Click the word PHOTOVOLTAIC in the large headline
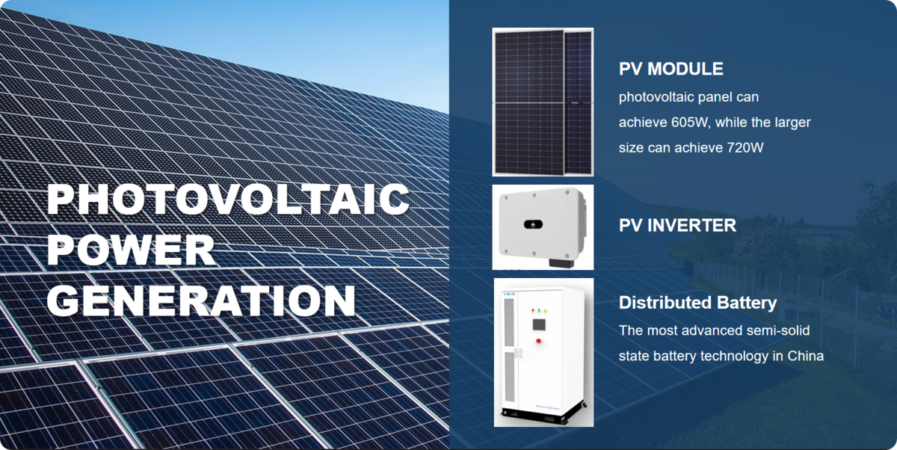click(228, 199)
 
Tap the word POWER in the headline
click(131, 250)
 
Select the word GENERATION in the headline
click(201, 300)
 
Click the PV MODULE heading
click(671, 69)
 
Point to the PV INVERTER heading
click(677, 226)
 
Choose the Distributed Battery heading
click(697, 303)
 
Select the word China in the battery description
click(805, 356)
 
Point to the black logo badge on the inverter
click(533, 224)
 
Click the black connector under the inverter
click(561, 263)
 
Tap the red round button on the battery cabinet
click(539, 341)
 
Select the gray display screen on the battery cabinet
click(539, 324)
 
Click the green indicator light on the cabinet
click(539, 310)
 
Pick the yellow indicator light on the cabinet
click(545, 310)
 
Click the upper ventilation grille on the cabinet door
click(509, 322)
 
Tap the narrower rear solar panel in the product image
click(579, 103)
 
